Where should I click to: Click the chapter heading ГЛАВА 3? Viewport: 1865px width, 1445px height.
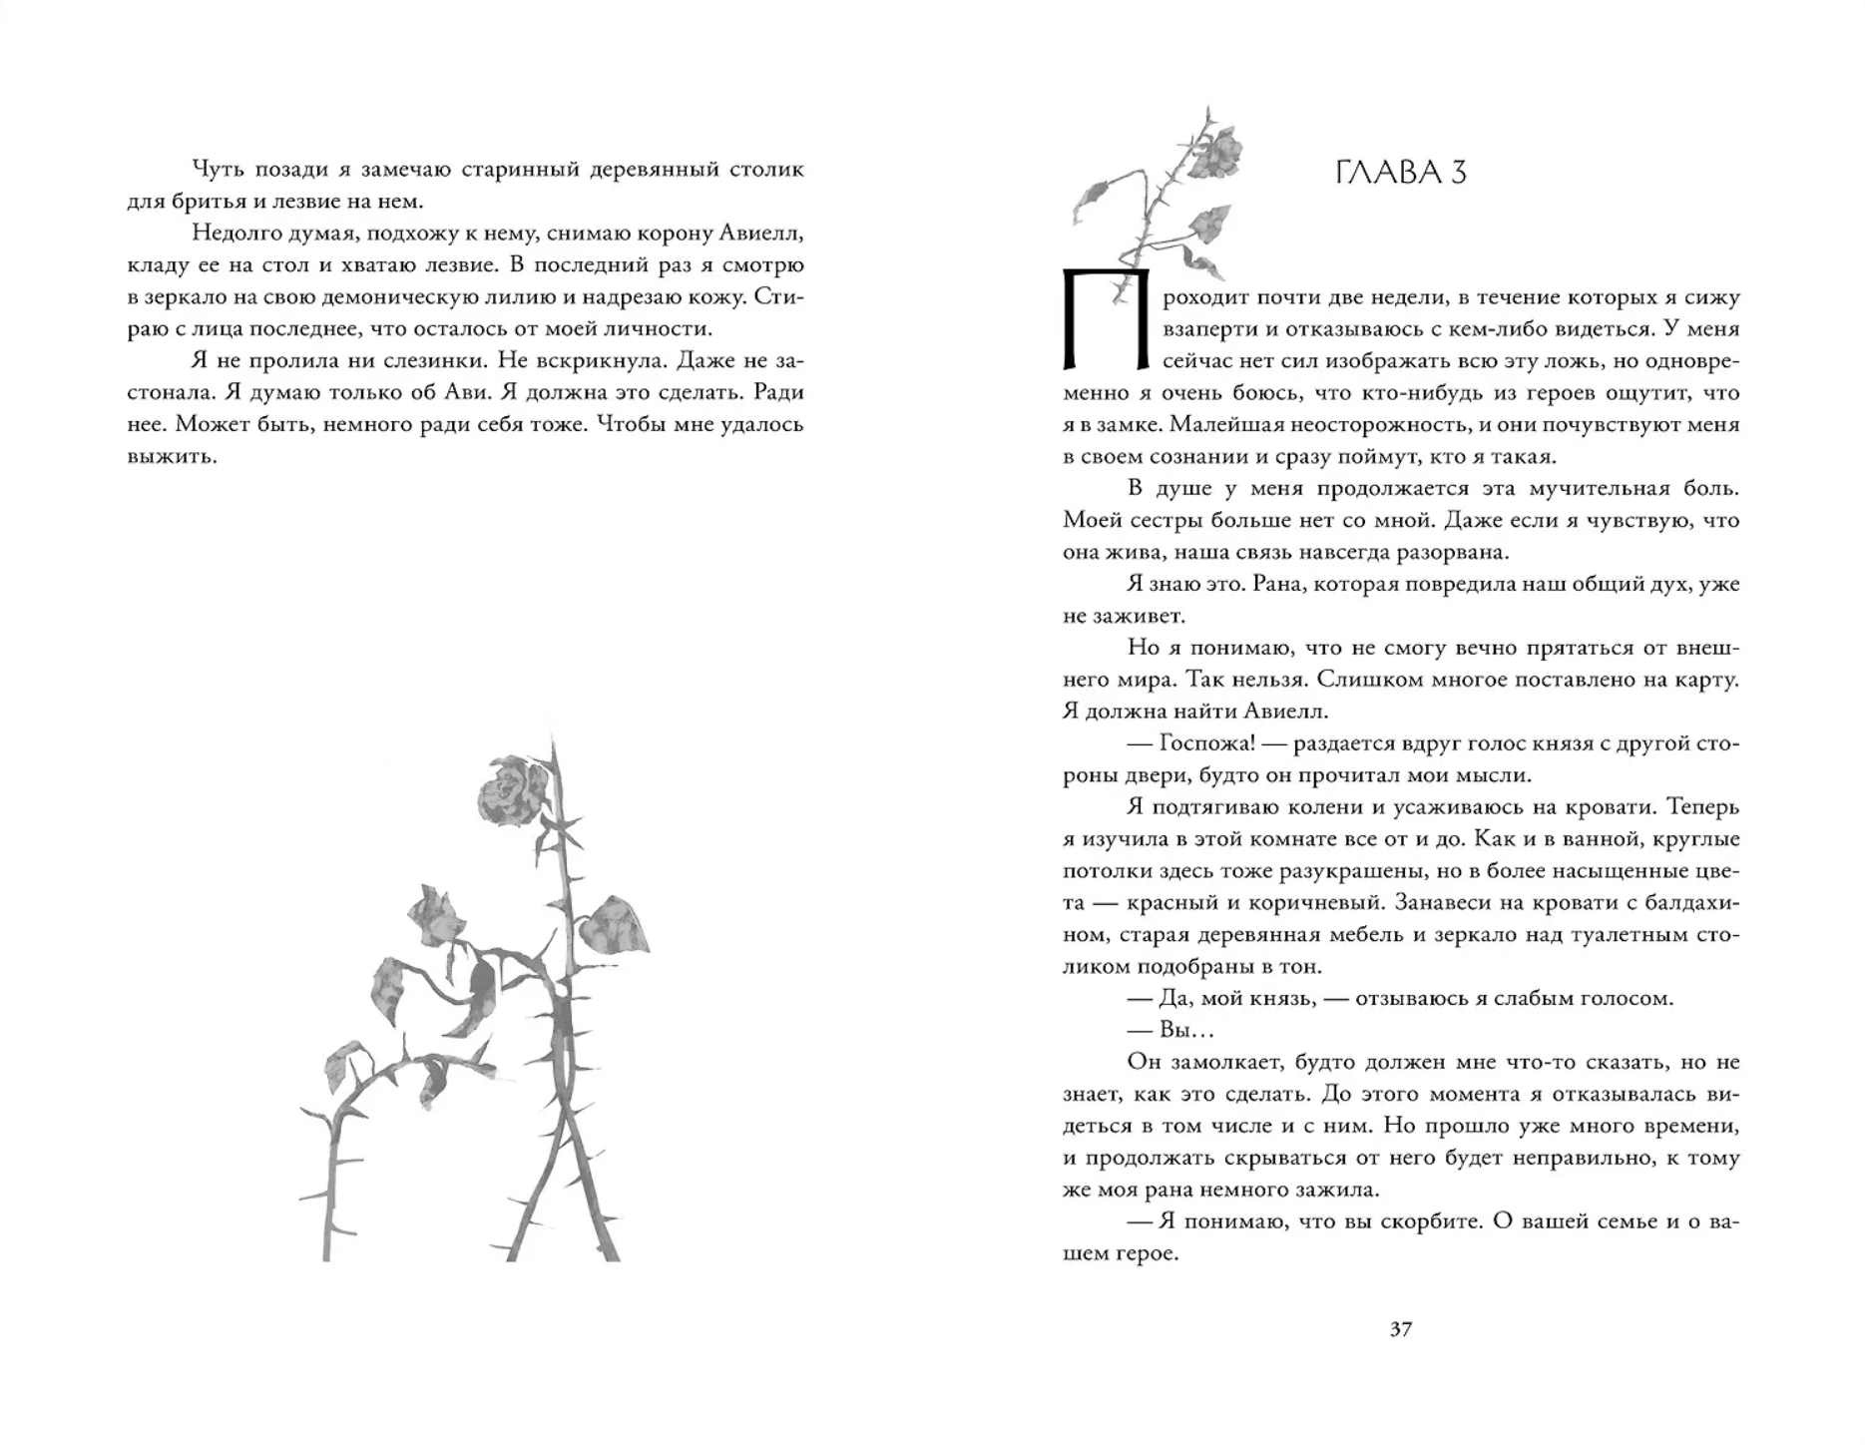[1400, 173]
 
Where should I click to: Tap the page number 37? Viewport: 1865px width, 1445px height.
[1400, 1328]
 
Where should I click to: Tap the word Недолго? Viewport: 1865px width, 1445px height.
[233, 233]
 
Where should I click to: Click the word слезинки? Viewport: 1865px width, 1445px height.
[421, 360]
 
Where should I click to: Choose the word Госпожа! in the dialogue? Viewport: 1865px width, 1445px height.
[1199, 743]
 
